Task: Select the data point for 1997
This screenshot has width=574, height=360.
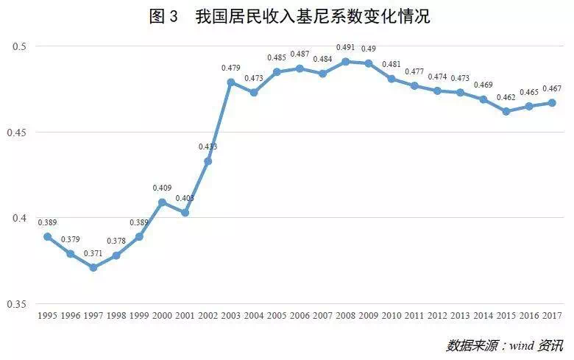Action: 93,267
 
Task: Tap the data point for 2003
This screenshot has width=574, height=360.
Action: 231,82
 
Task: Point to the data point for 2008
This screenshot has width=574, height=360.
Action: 345,61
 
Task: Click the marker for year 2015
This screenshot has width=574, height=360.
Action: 506,111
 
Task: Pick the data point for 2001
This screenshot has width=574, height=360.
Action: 185,213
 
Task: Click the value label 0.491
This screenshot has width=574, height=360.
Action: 345,48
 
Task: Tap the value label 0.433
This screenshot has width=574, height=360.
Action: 208,147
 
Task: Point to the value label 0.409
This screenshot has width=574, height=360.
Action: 162,188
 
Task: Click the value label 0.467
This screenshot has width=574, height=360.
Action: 551,89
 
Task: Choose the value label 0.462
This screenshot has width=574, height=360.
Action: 506,98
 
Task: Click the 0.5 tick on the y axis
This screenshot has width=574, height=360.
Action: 20,46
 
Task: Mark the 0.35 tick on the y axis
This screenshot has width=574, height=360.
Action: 18,304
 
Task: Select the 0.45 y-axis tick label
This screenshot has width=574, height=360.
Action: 18,133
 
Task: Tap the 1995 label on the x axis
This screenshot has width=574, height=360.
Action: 48,315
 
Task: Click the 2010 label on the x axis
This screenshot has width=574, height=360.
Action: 391,315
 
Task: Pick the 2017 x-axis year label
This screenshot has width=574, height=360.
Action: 551,315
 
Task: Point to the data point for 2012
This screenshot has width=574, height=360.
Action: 436,91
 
